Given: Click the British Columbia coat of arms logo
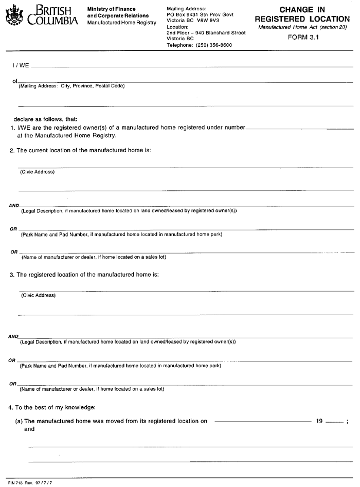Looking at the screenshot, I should tap(14, 16).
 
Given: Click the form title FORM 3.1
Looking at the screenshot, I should tap(304, 37).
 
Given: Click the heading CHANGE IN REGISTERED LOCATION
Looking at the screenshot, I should tap(302, 14).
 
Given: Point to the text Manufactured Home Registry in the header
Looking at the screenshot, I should tap(121, 23).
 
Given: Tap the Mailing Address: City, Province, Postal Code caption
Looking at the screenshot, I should tap(71, 86).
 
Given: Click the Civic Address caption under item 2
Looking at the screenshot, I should tap(37, 172).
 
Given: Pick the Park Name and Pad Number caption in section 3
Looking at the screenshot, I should tap(120, 366).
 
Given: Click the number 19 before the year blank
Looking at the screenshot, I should tap(319, 421).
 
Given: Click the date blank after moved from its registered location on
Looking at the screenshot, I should tap(261, 421).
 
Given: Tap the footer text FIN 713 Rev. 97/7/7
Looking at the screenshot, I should tap(23, 483).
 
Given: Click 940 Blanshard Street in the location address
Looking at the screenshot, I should tap(220, 33).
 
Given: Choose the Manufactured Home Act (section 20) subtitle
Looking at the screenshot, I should tap(303, 27).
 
